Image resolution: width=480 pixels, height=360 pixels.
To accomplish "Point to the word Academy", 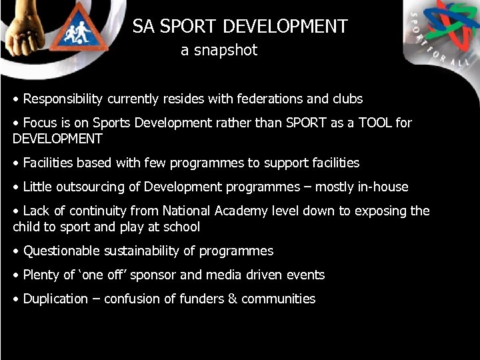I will (241, 211).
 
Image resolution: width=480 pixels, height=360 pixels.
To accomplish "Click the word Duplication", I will (55, 299).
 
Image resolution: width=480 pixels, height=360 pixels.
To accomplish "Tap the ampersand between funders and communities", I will (231, 299).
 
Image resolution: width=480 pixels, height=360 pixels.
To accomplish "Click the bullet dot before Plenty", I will (16, 275).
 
